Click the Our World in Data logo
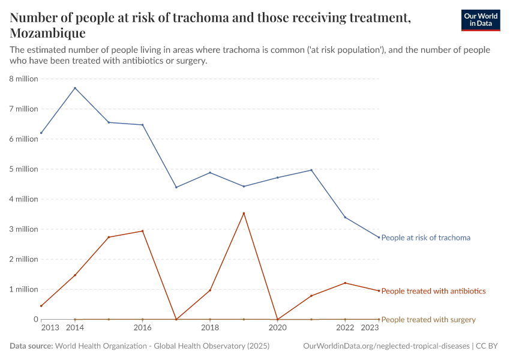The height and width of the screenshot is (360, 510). pyautogui.click(x=480, y=20)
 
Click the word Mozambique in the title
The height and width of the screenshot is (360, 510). pyautogui.click(x=47, y=33)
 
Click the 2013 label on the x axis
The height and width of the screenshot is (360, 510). pyautogui.click(x=50, y=328)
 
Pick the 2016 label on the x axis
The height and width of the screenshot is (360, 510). pyautogui.click(x=142, y=328)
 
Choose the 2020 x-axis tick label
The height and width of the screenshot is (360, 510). pyautogui.click(x=277, y=328)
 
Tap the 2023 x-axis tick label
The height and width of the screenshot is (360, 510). pyautogui.click(x=370, y=328)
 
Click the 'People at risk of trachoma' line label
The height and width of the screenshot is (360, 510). pyautogui.click(x=425, y=238)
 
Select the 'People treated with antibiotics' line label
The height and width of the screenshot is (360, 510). pyautogui.click(x=433, y=291)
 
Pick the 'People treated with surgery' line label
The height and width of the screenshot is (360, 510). pyautogui.click(x=428, y=320)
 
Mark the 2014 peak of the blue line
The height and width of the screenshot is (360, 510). pyautogui.click(x=75, y=88)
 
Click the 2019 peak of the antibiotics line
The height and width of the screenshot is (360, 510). pyautogui.click(x=244, y=213)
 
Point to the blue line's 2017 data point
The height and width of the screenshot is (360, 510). pyautogui.click(x=176, y=187)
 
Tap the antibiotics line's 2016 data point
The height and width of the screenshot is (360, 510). pyautogui.click(x=142, y=231)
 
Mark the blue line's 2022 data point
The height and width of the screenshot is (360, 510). pyautogui.click(x=345, y=217)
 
